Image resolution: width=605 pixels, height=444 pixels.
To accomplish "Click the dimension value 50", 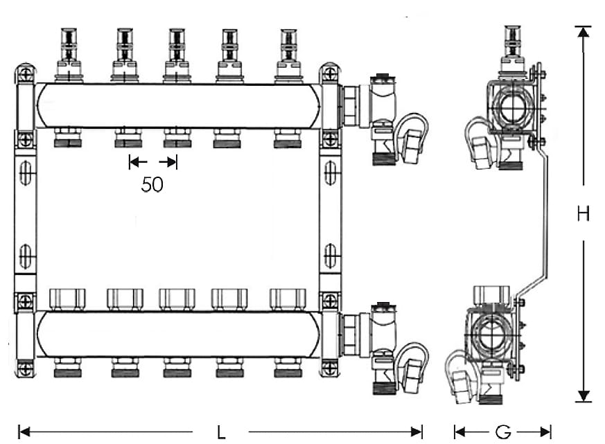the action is pyautogui.click(x=152, y=185).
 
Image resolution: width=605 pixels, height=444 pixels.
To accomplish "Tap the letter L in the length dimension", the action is pyautogui.click(x=220, y=432).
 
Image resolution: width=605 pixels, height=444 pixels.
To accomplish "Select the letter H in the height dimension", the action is pyautogui.click(x=584, y=214).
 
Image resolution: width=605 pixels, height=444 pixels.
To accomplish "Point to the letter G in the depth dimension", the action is pyautogui.click(x=503, y=432).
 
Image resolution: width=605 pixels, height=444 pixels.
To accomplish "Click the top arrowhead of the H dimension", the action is pyautogui.click(x=584, y=32).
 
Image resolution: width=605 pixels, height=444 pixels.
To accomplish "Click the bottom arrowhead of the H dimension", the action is pyautogui.click(x=584, y=396).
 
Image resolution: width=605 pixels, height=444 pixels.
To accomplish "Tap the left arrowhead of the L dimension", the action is pyautogui.click(x=24, y=432).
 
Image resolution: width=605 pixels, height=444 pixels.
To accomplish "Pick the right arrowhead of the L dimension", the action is pyautogui.click(x=417, y=432).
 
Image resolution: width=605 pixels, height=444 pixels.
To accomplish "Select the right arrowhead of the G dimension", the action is pyautogui.click(x=545, y=432).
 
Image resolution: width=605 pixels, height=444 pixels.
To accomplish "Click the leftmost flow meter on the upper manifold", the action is pyautogui.click(x=69, y=55).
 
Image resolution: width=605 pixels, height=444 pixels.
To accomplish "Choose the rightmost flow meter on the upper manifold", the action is pyautogui.click(x=288, y=55).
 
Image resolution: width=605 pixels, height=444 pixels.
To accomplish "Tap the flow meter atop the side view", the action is pyautogui.click(x=512, y=50).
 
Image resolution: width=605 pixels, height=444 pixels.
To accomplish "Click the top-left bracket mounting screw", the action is pyautogui.click(x=26, y=73).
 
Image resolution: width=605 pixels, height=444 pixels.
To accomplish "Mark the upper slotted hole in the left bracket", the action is pyautogui.click(x=26, y=174).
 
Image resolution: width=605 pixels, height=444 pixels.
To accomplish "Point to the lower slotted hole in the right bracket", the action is pyautogui.click(x=330, y=256).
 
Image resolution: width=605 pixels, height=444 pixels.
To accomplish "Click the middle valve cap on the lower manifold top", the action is pyautogui.click(x=177, y=299).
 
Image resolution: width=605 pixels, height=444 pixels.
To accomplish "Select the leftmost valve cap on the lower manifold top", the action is pyautogui.click(x=67, y=299).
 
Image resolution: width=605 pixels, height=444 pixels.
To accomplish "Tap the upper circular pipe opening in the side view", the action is pyautogui.click(x=512, y=107).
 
